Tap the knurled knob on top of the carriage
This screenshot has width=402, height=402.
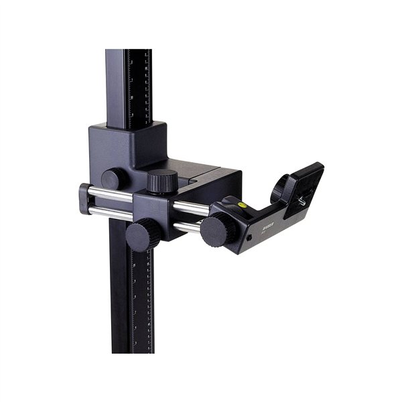pos(162,181)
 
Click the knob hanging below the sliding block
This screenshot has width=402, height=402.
pos(141,234)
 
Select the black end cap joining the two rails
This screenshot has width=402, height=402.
pos(83,199)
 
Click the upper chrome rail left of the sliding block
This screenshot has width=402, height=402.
pos(111,194)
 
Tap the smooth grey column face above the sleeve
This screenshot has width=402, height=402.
pos(115,87)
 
